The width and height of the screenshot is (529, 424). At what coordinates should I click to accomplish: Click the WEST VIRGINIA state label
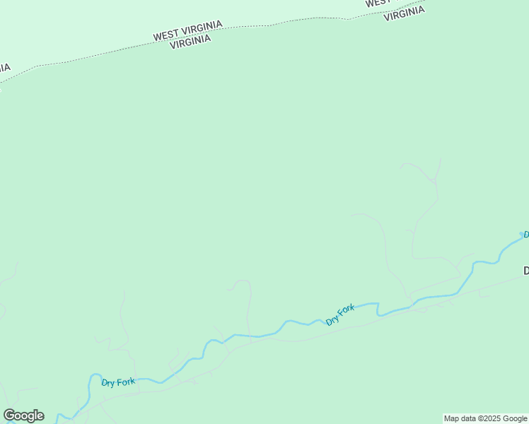pos(188,30)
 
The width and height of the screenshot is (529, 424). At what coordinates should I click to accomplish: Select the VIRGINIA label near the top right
pos(404,13)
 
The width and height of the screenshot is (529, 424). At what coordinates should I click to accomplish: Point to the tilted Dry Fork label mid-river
pos(340,314)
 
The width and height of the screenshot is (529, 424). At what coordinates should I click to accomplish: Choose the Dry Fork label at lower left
pos(118,382)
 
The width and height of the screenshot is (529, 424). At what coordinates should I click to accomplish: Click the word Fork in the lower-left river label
pos(126,382)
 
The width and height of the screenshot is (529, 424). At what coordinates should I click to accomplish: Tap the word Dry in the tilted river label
pos(332,320)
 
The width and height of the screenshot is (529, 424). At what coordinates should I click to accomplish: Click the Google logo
pos(24,416)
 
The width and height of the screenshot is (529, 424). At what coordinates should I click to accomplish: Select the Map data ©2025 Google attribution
pos(485,418)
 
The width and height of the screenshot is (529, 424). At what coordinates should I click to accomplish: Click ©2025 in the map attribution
pos(488,418)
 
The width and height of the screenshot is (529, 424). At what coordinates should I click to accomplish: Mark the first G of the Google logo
pos(10,416)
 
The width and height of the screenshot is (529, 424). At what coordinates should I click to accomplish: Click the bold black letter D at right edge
pos(526,271)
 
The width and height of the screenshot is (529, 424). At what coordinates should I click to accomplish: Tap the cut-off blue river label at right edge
pos(525,235)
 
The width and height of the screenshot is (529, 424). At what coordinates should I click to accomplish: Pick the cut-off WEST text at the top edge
pos(377,3)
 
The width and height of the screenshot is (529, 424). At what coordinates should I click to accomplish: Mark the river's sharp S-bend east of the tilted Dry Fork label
pos(378,309)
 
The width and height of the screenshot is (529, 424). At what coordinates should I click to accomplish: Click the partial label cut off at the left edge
pos(4,69)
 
